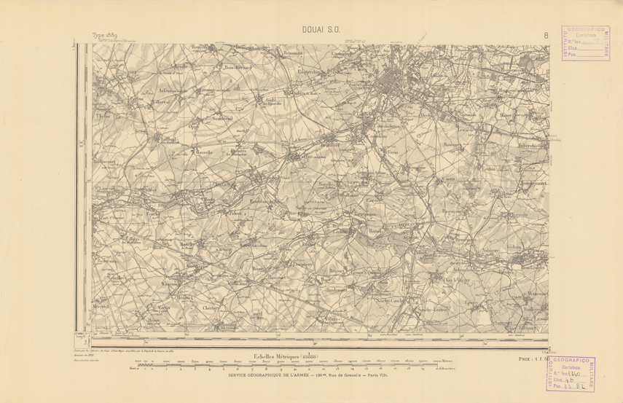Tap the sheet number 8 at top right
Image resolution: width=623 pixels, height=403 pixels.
(x=546, y=34)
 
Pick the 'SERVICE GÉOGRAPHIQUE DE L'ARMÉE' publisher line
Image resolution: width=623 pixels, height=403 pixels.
(x=311, y=375)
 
